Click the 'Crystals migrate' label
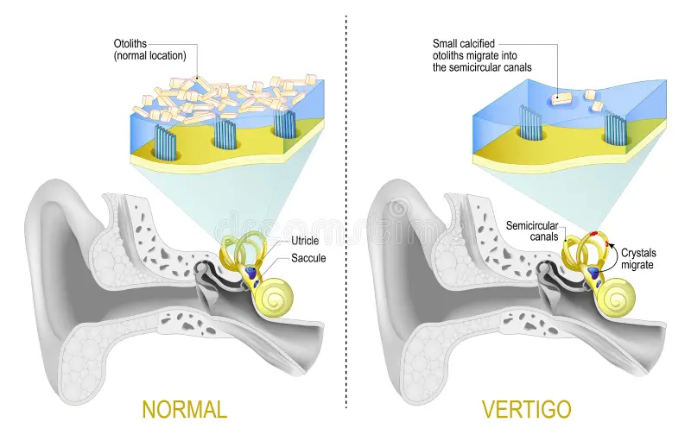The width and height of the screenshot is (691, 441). pyautogui.click(x=639, y=259)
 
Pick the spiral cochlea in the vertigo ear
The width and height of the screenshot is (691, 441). pyautogui.click(x=615, y=299)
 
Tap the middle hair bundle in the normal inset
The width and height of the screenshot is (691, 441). pyautogui.click(x=224, y=134)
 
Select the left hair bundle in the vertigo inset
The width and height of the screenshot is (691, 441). pyautogui.click(x=529, y=122)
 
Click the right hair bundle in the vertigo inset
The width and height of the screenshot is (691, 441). pyautogui.click(x=616, y=129)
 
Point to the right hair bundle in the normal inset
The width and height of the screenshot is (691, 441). pyautogui.click(x=284, y=123)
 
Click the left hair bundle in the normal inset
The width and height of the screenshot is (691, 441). pyautogui.click(x=164, y=139)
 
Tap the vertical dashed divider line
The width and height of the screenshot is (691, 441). pyautogui.click(x=346, y=216)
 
